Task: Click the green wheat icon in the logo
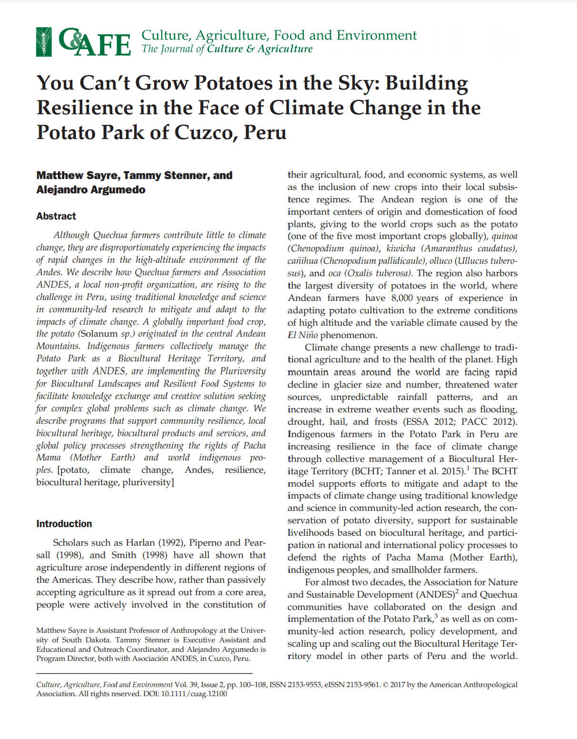point(44,42)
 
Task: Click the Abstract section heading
point(56,216)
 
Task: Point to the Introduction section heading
point(64,524)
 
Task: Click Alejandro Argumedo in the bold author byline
point(91,190)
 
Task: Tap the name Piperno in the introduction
point(206,543)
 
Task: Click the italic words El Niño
point(303,335)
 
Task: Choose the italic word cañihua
point(302,261)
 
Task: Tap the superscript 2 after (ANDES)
point(457,592)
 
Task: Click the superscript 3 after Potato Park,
point(436,617)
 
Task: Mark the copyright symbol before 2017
point(386,685)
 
